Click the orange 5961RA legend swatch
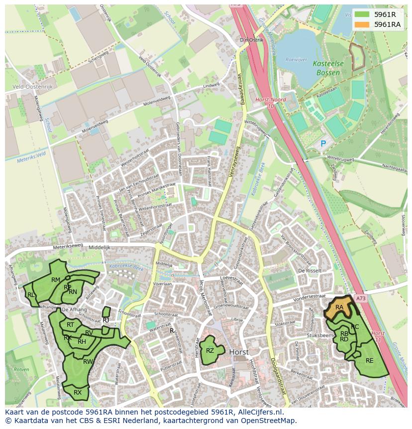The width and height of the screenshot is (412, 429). coord(362,24)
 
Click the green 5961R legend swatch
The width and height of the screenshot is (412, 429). coord(362,14)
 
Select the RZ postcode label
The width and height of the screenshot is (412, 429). coord(210,351)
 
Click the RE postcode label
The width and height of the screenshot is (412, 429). coord(369,360)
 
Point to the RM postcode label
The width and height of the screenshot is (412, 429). coord(56,280)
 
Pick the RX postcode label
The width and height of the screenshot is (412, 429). coord(78,393)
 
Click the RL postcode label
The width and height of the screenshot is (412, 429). coord(31,295)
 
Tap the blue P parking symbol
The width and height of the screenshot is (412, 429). coord(323,143)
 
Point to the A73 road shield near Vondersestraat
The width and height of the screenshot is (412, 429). coord(361,298)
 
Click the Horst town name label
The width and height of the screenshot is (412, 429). coord(239,352)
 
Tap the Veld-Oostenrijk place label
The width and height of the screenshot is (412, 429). coord(32,86)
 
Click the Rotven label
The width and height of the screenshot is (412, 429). coord(21,370)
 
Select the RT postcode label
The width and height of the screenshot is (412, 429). coord(70,325)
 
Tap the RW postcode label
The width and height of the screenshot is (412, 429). coord(88,362)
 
